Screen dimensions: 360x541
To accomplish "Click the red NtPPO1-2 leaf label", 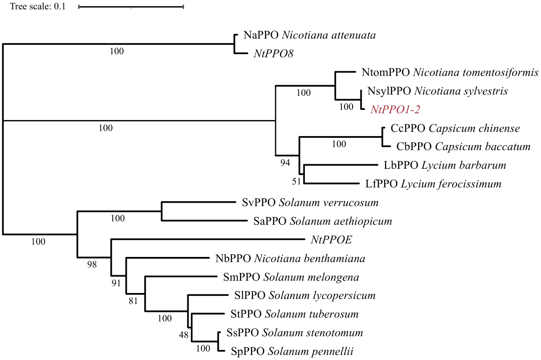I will click(395, 110).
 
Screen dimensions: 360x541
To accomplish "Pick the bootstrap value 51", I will click(296, 181).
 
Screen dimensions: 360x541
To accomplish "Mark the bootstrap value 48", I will click(183, 335).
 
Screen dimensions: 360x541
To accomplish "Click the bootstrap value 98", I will click(92, 265).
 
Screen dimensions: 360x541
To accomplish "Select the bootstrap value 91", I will click(116, 283).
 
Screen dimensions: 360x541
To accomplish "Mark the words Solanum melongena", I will click(311, 277).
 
